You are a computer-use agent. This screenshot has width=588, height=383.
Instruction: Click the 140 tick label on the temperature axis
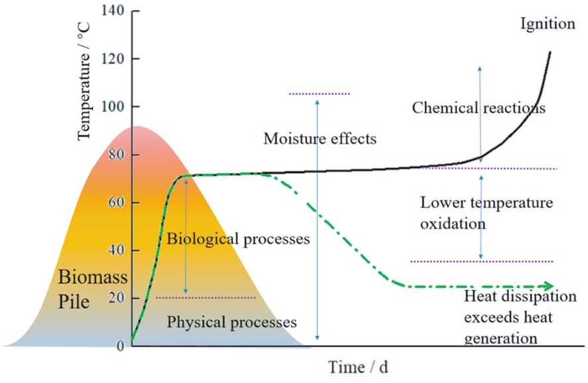[x=113, y=10]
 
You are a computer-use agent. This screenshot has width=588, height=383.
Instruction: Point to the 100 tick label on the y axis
[x=113, y=106]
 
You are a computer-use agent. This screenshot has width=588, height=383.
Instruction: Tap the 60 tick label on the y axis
[x=116, y=202]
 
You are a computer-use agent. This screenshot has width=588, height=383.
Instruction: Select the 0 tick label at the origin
[x=120, y=346]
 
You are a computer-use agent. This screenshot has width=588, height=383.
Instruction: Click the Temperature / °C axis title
[x=84, y=82]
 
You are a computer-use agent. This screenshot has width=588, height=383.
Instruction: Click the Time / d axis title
[x=358, y=367]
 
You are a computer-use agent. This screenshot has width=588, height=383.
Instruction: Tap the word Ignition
[x=548, y=24]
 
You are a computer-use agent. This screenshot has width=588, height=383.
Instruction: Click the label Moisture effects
[x=320, y=139]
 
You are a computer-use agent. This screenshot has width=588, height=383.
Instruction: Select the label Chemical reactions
[x=478, y=108]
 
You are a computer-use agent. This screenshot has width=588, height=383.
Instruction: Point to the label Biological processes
[x=238, y=239]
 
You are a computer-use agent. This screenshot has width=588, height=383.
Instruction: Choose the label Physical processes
[x=232, y=322]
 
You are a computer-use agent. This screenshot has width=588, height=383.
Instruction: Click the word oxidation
[x=453, y=224]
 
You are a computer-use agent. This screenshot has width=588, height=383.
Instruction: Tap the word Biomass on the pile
[x=93, y=277]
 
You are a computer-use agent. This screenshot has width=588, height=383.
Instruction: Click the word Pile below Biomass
[x=74, y=301]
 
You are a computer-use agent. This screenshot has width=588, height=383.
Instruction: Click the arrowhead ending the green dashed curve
[x=549, y=286]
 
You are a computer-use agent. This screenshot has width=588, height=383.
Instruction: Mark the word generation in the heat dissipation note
[x=500, y=339]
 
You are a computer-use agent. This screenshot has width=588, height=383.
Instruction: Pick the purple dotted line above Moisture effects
[x=319, y=94]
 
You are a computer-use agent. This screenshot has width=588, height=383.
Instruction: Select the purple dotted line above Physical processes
[x=206, y=298]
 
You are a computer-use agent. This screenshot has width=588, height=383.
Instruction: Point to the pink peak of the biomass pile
[x=138, y=128]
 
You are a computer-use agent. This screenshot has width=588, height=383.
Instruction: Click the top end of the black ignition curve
[x=550, y=52]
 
